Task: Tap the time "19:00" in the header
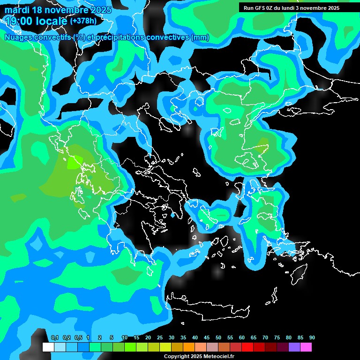click(x=20, y=21)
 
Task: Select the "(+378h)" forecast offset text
click(x=83, y=21)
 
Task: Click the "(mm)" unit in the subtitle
click(x=200, y=37)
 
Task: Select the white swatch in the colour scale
click(x=48, y=347)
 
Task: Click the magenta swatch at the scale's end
click(x=306, y=347)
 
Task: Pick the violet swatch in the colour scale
click(x=294, y=347)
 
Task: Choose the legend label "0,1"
click(x=54, y=338)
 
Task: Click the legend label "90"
click(x=312, y=338)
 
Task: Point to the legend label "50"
click(x=218, y=338)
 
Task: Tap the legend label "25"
click(x=160, y=338)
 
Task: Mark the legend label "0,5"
click(x=78, y=338)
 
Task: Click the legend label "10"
click(x=125, y=338)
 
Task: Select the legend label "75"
click(x=277, y=338)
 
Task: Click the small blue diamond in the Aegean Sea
click(x=172, y=215)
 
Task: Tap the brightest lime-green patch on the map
click(x=73, y=162)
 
